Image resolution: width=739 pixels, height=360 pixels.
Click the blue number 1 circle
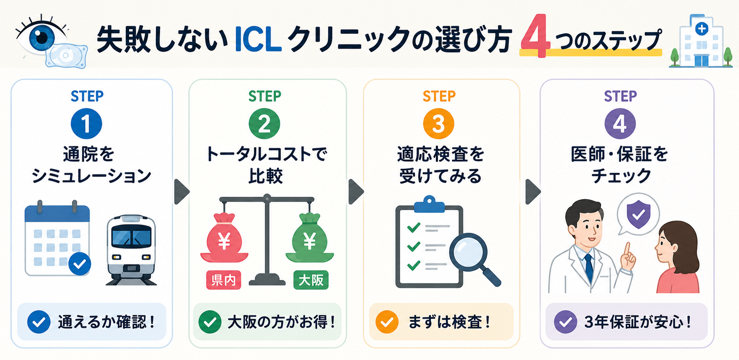coord(86,123)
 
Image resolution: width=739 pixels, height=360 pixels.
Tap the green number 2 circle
coord(264,123)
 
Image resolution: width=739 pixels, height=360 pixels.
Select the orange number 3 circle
coord(439,123)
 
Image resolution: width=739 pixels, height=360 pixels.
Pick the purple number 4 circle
coord(620,123)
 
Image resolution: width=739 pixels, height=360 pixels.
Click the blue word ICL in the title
coord(258,40)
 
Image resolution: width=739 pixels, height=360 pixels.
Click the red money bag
coord(224,238)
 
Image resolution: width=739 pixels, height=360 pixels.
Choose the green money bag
coord(310,238)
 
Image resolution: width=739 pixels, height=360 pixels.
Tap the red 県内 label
coord(224,280)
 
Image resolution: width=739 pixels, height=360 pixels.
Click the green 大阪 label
coord(311,280)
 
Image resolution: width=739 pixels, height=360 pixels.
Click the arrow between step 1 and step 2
coord(181,192)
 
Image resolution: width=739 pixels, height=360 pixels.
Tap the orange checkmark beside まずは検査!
coord(387,322)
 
